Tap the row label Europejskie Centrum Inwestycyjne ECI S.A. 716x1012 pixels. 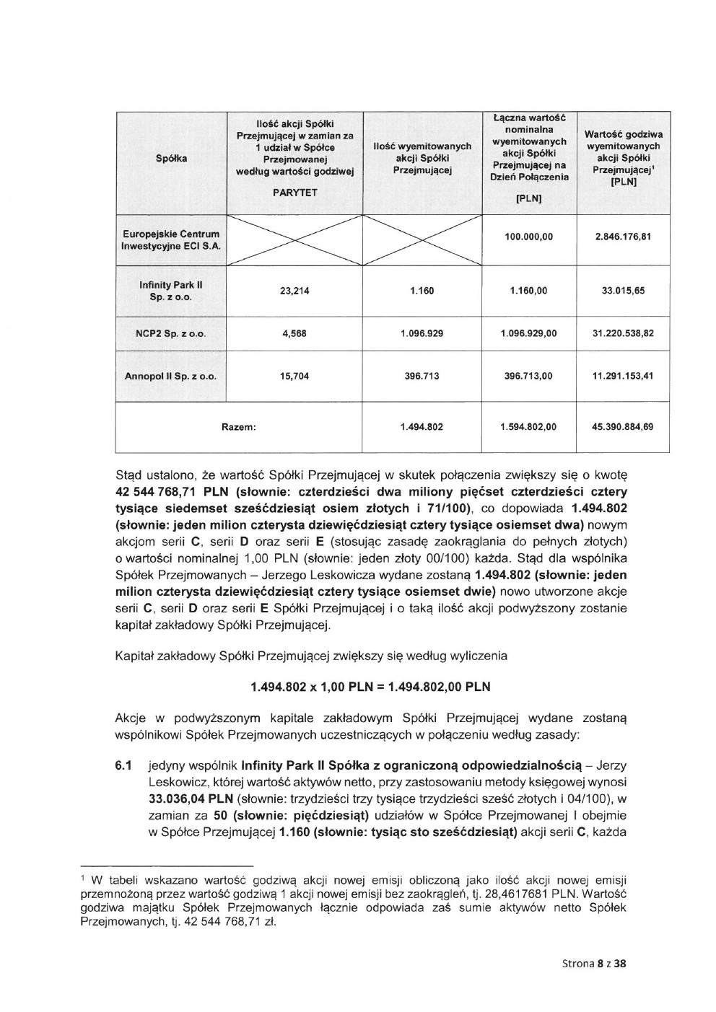tap(171, 240)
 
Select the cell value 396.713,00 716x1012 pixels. tap(528, 377)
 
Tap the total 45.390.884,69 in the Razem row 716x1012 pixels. tap(622, 427)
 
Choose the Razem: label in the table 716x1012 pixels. tap(239, 427)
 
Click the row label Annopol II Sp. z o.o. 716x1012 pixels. tap(171, 377)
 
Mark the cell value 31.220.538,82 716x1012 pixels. tap(622, 334)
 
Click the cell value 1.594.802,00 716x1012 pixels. tap(528, 427)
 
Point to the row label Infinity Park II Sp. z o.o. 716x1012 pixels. tap(171, 291)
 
